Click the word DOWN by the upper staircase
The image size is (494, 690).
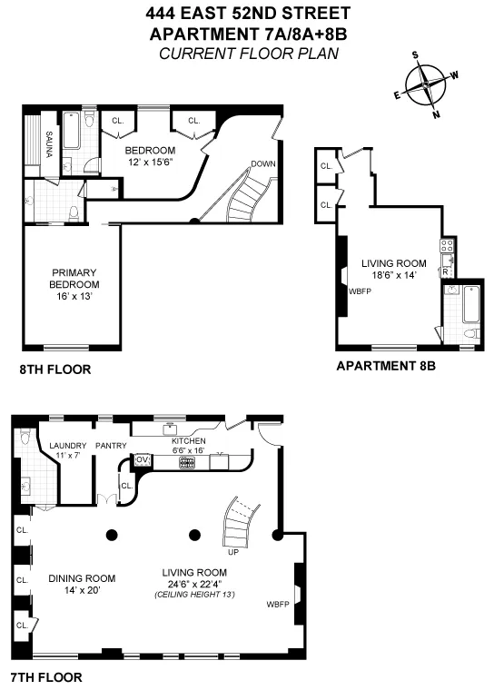tap(262, 164)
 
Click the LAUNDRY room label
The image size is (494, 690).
tap(68, 446)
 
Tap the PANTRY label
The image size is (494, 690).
tap(111, 446)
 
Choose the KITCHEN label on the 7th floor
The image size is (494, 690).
tap(189, 440)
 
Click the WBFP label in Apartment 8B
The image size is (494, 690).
tap(358, 291)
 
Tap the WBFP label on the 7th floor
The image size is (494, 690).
tap(278, 604)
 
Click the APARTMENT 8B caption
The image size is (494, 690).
tap(386, 366)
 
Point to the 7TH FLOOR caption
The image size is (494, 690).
tap(45, 677)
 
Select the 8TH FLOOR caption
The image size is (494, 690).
tap(54, 370)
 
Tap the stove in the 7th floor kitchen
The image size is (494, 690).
tap(189, 461)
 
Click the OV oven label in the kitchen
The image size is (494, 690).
tap(142, 460)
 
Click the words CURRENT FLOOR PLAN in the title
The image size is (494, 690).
tap(248, 54)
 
